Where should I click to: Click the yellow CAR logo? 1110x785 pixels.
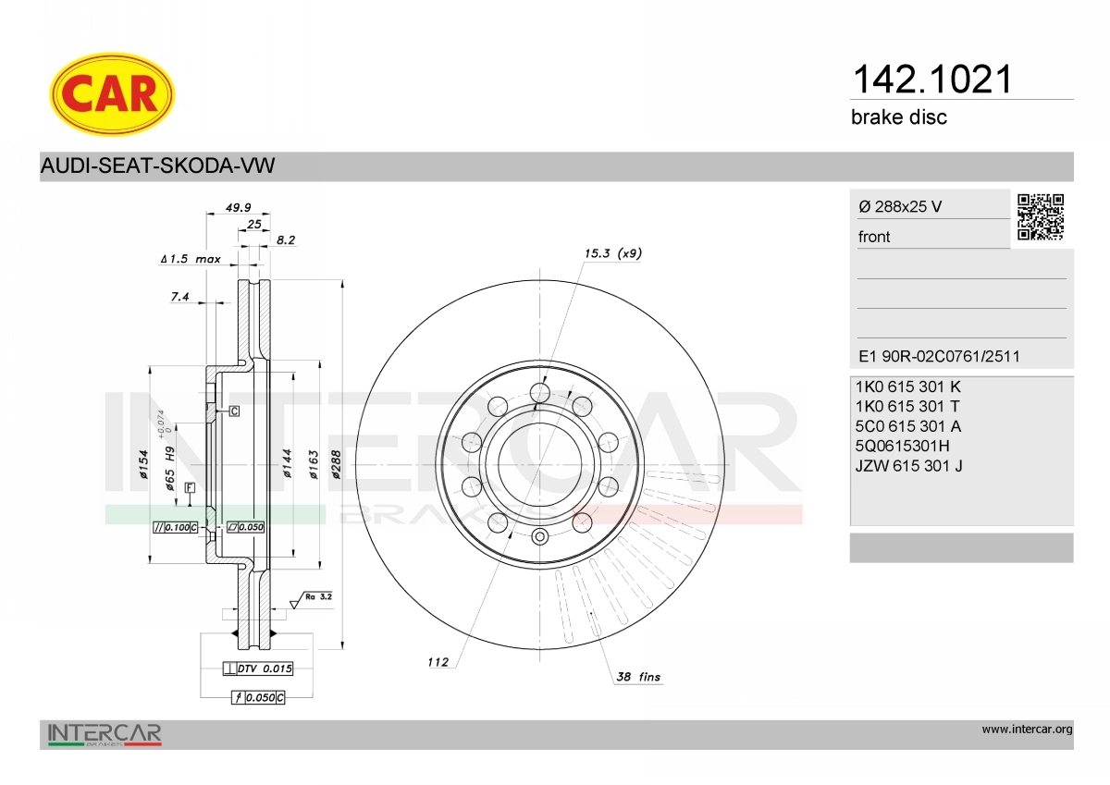[112, 94]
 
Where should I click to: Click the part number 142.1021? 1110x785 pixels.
[932, 80]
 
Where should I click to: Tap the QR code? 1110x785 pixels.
[1041, 217]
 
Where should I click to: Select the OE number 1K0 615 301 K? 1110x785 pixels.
[907, 386]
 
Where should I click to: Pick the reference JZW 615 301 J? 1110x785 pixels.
[908, 466]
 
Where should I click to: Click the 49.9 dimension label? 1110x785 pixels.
[239, 207]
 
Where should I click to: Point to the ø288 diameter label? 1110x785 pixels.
[336, 464]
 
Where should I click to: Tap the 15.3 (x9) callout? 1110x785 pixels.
[613, 253]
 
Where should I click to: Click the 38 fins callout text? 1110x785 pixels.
[638, 677]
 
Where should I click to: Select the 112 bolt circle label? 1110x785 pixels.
[438, 662]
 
